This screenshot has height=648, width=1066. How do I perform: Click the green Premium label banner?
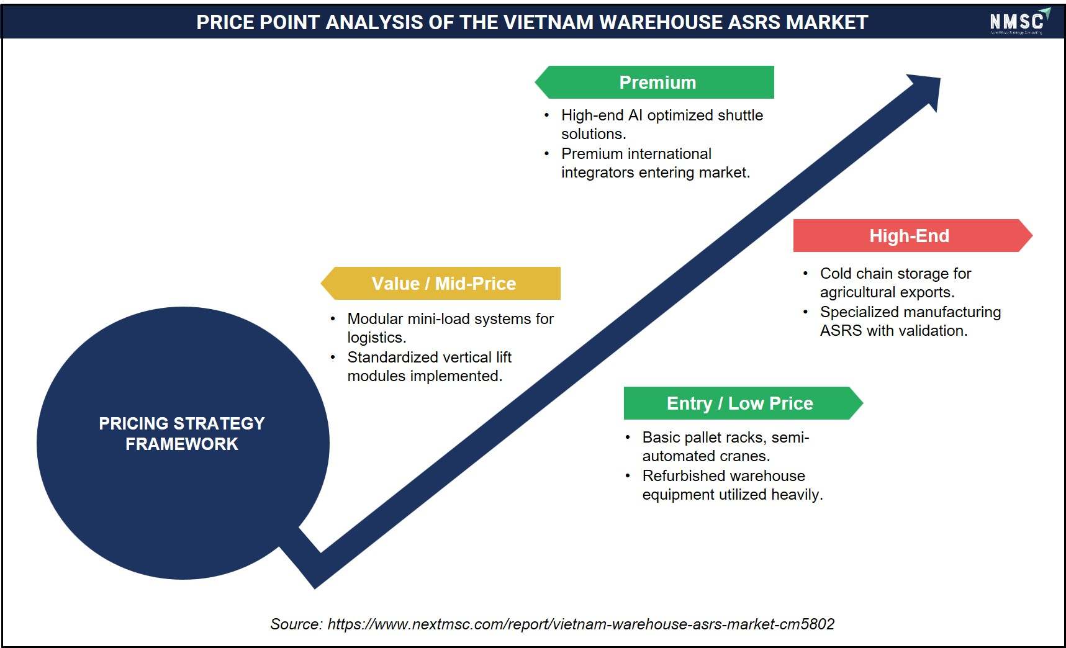click(x=654, y=82)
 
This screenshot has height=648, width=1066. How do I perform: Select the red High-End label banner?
click(x=913, y=235)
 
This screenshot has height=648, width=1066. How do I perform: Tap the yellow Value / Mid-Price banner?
click(x=440, y=283)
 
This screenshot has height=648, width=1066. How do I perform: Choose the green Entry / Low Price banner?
click(x=743, y=403)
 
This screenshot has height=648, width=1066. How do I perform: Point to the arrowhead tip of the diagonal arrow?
click(x=940, y=78)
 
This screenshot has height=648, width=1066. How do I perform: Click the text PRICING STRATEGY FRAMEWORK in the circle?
click(x=182, y=433)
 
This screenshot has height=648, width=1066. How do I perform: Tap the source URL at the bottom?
click(x=581, y=624)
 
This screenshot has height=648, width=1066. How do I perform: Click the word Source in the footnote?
click(x=296, y=624)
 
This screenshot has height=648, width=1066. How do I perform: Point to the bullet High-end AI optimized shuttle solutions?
click(x=654, y=124)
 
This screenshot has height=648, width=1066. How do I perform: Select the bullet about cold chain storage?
click(x=888, y=282)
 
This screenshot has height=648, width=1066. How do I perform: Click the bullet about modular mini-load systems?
click(x=442, y=328)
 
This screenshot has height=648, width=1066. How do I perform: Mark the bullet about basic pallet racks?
click(x=717, y=446)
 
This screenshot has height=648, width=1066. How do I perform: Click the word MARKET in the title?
click(x=827, y=22)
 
